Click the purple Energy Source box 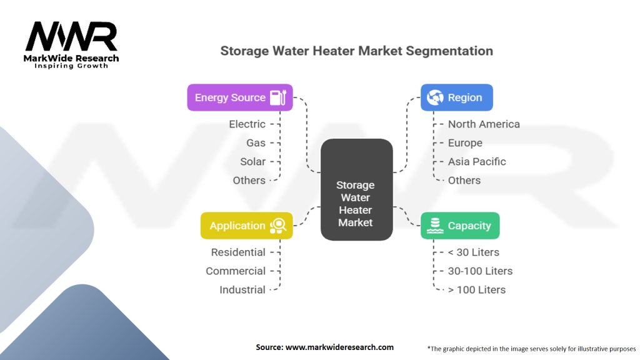(x=239, y=97)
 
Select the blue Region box (x=456, y=97)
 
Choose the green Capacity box (x=459, y=226)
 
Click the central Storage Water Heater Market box (x=356, y=204)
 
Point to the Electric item (x=247, y=124)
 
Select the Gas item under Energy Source (x=256, y=142)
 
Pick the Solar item (x=252, y=161)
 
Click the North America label (x=484, y=124)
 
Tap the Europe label (x=465, y=142)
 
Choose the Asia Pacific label (x=477, y=161)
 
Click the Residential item (x=238, y=252)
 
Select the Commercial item (x=236, y=271)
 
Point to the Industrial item (x=242, y=289)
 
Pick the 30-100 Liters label (x=480, y=271)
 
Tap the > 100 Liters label (x=477, y=289)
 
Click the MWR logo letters (x=71, y=37)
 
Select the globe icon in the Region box (x=436, y=97)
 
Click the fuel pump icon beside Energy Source (x=277, y=97)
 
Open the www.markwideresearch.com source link (x=339, y=347)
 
